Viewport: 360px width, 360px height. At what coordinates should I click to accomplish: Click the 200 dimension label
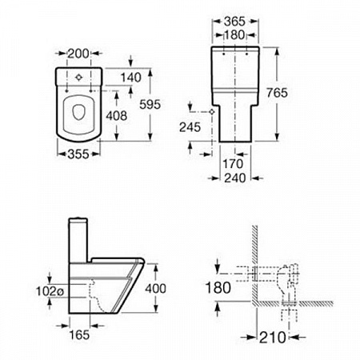(78, 54)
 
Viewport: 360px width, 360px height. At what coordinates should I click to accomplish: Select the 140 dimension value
(131, 78)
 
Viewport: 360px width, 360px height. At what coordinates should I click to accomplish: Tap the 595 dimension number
(150, 104)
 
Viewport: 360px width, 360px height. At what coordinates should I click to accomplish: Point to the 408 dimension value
(117, 116)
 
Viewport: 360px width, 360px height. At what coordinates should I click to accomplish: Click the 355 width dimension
(78, 154)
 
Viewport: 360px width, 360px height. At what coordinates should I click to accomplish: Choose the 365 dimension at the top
(234, 22)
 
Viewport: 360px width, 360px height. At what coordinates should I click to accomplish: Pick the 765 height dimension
(278, 93)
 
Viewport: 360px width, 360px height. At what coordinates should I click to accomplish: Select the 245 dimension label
(190, 127)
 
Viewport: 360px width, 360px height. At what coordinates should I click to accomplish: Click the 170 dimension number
(233, 164)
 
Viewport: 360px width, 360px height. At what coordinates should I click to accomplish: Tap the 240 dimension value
(235, 178)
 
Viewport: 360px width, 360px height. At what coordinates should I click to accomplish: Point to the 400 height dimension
(155, 289)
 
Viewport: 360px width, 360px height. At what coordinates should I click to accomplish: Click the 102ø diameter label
(50, 291)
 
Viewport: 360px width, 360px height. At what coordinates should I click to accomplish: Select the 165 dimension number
(79, 335)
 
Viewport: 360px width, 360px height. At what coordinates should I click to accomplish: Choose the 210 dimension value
(273, 338)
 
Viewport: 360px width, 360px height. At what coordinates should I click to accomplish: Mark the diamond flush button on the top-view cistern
(78, 78)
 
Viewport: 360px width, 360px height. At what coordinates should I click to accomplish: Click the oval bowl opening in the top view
(78, 112)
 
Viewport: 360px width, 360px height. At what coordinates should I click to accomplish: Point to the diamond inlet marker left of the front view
(212, 112)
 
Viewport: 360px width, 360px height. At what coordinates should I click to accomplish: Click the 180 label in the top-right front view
(234, 35)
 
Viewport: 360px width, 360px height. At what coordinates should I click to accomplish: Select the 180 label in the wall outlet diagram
(218, 288)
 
